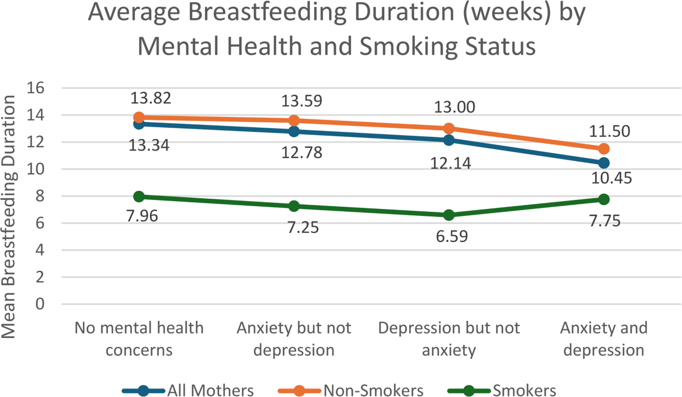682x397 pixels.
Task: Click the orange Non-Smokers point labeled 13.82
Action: pos(139,117)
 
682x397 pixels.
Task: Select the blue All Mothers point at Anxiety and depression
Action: pos(604,163)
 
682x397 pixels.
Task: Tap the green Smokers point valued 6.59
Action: pos(449,215)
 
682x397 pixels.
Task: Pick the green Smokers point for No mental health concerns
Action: pos(139,197)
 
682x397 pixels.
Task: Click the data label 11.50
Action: pos(609,131)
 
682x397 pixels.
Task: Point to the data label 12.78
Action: pos(301,152)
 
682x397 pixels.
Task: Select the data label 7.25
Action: pos(303,228)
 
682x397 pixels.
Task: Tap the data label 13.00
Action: pos(454,107)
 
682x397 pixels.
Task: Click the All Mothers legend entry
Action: pos(188,390)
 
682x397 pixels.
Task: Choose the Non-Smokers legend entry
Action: pos(351,390)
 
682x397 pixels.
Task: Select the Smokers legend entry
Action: pos(502,390)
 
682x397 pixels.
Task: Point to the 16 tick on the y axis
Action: pos(36,88)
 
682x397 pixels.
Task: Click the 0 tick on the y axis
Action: pos(40,304)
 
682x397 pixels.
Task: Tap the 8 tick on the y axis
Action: pos(40,196)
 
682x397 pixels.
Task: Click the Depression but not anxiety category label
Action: pos(449,339)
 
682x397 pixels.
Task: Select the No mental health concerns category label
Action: pos(139,339)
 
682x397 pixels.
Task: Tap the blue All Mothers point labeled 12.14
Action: pos(449,140)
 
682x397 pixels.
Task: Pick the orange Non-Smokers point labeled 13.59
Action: pos(294,120)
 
